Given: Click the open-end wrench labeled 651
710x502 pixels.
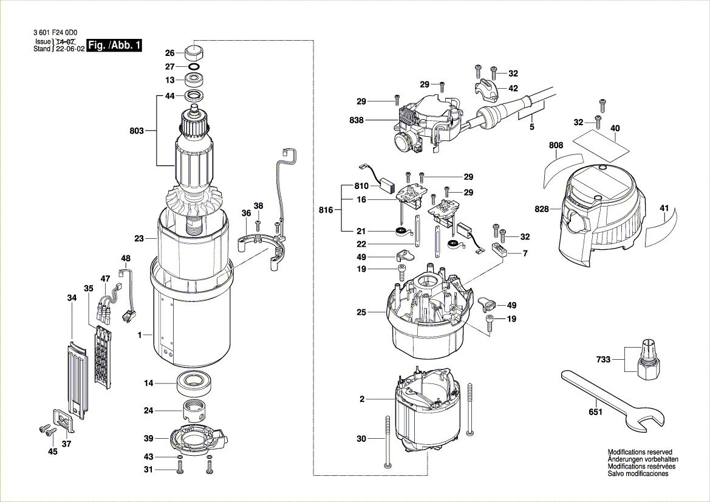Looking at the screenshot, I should tap(610, 401).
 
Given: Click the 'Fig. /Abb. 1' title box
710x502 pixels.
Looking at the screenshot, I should tap(114, 46).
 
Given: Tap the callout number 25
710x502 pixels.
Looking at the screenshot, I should tap(362, 312).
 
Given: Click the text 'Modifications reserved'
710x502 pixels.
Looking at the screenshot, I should tap(640, 452).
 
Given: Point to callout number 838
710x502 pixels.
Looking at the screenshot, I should tap(357, 120).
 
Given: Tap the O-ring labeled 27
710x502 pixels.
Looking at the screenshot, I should tap(194, 67).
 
